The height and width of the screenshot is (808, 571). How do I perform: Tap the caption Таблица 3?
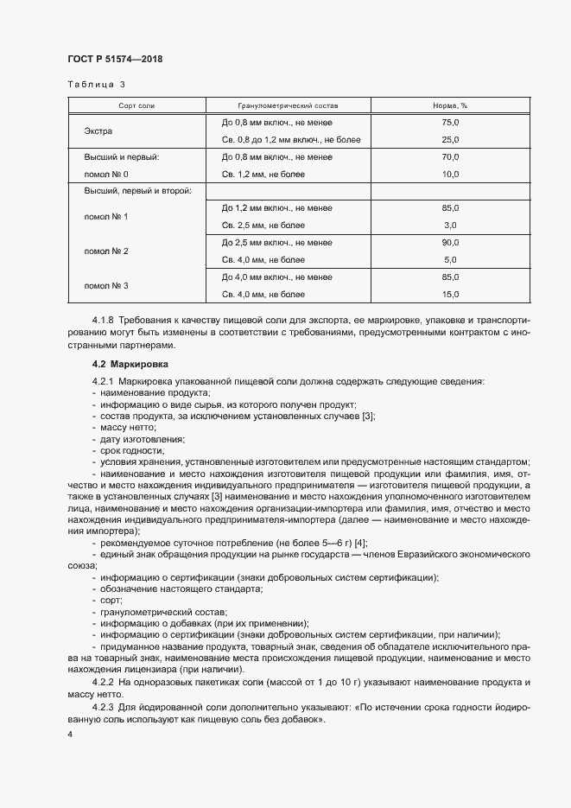96,85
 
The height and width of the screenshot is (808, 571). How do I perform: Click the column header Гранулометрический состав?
282,105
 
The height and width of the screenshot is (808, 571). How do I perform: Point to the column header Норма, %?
449,105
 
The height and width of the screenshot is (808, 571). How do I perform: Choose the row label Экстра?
98,131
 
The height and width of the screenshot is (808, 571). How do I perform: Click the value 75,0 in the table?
449,123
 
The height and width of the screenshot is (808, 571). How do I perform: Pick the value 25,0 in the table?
449,139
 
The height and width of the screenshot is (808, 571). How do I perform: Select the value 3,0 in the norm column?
449,225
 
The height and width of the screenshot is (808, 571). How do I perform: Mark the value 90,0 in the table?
449,243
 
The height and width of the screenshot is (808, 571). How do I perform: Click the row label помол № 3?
105,285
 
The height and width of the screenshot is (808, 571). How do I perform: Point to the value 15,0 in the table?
449,295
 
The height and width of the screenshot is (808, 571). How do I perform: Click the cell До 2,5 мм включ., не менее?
276,243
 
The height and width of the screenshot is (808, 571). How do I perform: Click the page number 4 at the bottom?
70,734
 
